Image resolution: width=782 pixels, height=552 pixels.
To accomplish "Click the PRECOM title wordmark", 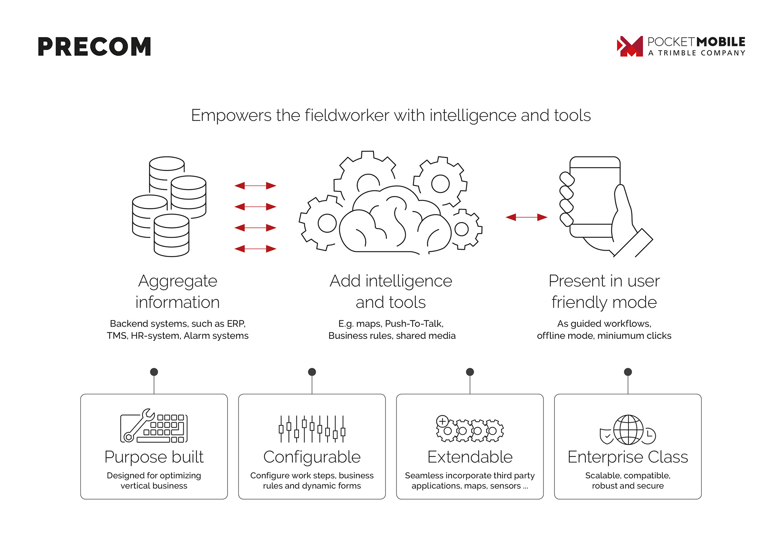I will tap(94, 46).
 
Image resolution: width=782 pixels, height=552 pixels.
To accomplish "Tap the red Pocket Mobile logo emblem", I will tap(630, 46).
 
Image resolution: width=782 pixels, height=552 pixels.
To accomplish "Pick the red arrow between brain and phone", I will tap(526, 217).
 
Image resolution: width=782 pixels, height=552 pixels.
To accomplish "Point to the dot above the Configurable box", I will tap(312, 372).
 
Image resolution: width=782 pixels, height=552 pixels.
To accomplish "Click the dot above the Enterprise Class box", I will tap(628, 372).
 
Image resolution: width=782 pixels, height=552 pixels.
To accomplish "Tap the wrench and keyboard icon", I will tap(154, 426).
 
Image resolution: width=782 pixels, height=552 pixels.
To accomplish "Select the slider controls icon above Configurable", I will tap(312, 429).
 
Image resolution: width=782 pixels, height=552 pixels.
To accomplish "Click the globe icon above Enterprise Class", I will tap(628, 430).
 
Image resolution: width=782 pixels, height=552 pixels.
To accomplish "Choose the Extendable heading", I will tap(470, 457).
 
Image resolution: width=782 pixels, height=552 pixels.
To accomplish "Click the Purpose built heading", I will tap(154, 457).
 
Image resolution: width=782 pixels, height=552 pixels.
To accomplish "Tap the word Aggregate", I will tap(178, 281).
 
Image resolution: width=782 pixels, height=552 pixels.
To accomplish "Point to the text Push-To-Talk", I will tap(414, 324).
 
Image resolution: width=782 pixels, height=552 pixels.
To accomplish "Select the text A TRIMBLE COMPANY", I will tap(696, 53).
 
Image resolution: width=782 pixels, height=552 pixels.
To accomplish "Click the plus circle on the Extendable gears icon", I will tap(442, 421).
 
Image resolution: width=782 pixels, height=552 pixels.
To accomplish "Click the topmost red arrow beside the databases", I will tap(255, 185).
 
